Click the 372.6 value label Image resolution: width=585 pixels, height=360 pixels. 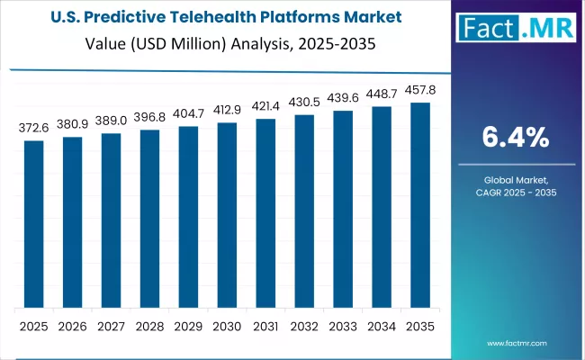pyautogui.click(x=33, y=130)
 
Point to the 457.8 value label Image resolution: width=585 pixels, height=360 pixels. pyautogui.click(x=420, y=91)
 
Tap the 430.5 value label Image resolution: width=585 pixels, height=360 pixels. pyautogui.click(x=304, y=103)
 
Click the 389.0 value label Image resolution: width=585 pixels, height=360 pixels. pyautogui.click(x=111, y=122)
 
